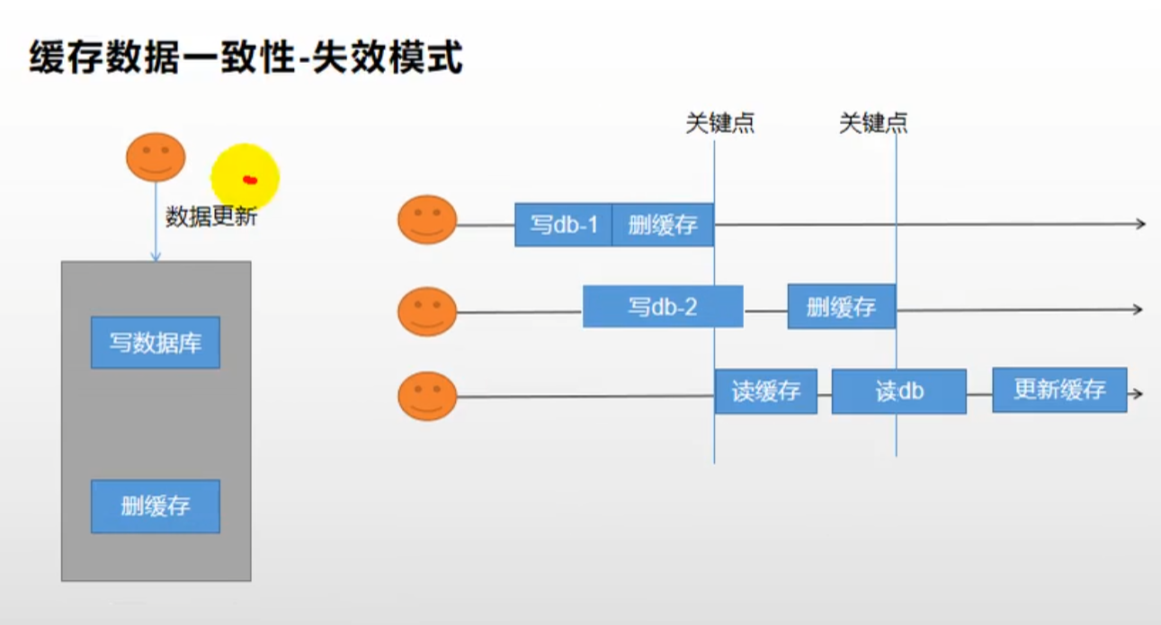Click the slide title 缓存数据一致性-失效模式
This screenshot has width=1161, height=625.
click(246, 59)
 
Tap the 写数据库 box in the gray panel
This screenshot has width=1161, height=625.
click(155, 343)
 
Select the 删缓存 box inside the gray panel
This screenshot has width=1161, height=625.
click(155, 505)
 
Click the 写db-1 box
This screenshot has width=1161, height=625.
click(563, 225)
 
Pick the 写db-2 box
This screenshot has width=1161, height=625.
click(663, 307)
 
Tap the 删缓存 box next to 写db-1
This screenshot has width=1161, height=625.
click(663, 225)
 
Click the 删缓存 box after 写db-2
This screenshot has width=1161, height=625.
click(841, 307)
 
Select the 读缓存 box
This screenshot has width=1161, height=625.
click(765, 391)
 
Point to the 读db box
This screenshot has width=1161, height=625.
click(898, 391)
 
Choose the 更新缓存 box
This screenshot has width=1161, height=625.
click(1059, 390)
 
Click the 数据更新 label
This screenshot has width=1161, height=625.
click(211, 217)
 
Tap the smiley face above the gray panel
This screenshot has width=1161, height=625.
click(156, 157)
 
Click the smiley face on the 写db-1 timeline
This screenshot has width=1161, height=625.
click(427, 219)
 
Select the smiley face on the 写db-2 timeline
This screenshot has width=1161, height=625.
click(427, 311)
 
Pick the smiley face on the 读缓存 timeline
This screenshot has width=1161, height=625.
click(427, 396)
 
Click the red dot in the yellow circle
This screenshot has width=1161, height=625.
click(250, 181)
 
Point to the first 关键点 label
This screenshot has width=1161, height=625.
click(719, 123)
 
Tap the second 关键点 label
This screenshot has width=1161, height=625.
click(873, 123)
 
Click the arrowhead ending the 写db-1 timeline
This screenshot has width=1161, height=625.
click(1141, 224)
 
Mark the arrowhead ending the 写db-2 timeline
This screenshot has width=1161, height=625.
click(1138, 309)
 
